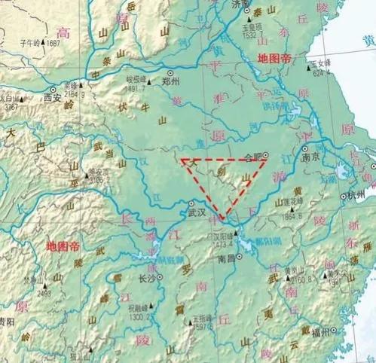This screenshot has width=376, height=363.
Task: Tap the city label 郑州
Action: (173, 79)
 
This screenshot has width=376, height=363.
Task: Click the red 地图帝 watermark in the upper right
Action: (277, 58)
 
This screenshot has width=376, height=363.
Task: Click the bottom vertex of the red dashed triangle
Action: (222, 219)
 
